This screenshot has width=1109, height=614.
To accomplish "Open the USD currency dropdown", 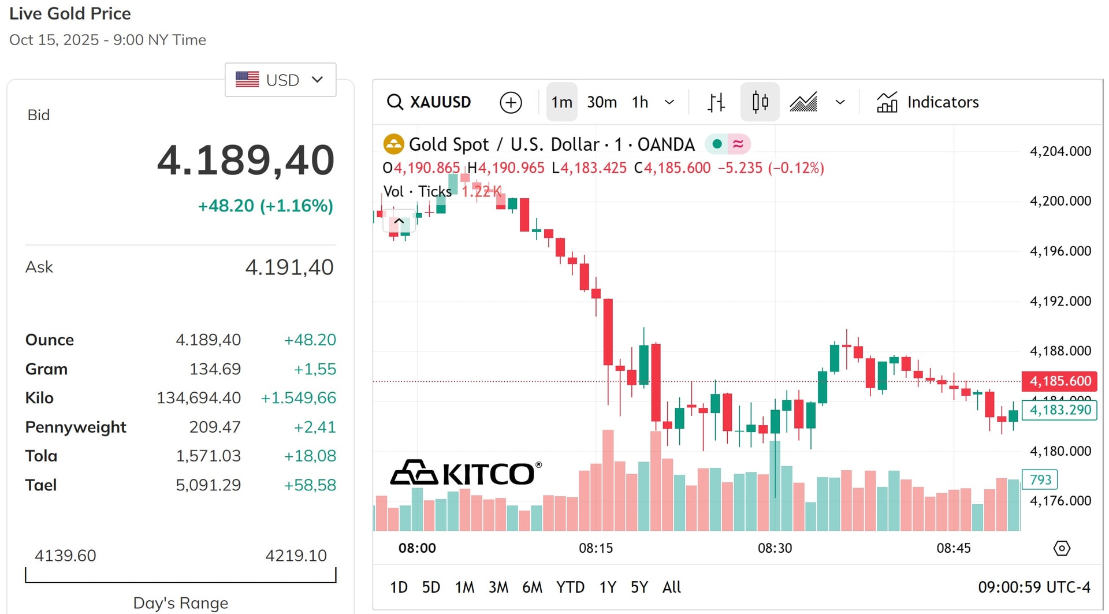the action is [280, 80].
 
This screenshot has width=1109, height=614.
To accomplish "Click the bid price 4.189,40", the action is [245, 160].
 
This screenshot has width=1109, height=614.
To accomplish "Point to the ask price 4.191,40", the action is [289, 267].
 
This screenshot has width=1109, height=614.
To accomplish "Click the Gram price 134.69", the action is [215, 369].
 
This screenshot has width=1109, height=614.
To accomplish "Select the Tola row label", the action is [41, 456].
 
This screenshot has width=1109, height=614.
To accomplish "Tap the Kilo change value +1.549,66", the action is [298, 398].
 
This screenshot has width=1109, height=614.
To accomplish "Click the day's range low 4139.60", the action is [65, 556].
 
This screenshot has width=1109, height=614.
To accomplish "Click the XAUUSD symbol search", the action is [429, 102].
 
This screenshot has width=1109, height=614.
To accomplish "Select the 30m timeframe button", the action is [602, 102].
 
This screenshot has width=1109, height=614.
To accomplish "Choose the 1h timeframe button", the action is [640, 102].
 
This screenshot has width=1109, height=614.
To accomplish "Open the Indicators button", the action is [928, 102].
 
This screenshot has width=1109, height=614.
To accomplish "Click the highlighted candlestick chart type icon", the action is [760, 102].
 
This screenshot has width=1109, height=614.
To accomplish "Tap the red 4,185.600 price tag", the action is [1060, 381].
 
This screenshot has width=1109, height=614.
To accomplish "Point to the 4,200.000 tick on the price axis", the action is [1060, 201].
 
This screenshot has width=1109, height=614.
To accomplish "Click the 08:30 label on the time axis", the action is [775, 548].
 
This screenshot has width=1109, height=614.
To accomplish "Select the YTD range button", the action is [570, 587].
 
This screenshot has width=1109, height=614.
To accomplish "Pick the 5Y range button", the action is [639, 587].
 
